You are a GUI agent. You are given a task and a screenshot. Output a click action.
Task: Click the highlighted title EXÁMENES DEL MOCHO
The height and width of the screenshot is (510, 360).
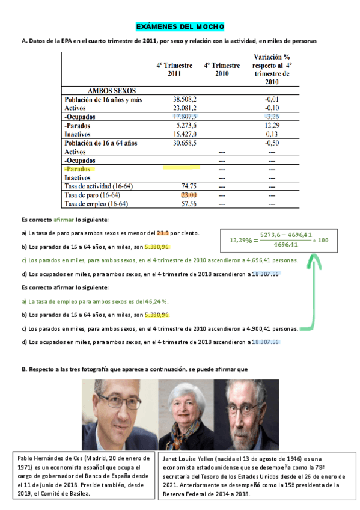pos(180,27)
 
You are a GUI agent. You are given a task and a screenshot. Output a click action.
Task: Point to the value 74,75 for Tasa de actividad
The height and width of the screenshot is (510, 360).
pos(189,186)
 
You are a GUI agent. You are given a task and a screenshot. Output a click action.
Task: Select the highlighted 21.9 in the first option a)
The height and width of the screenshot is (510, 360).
pos(163,233)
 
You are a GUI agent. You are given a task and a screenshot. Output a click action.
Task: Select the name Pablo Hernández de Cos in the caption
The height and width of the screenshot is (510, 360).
pos(55,458)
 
